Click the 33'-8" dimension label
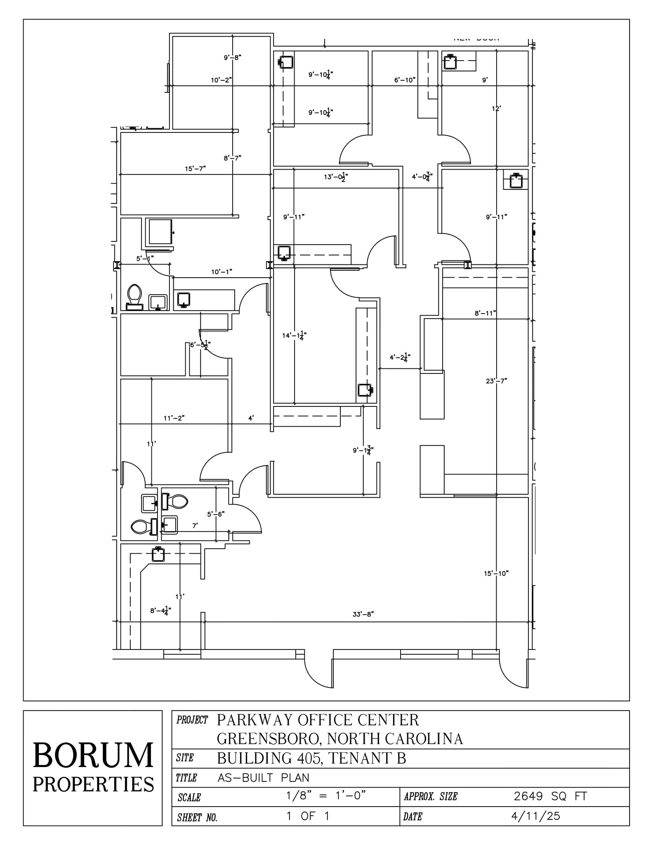point(363,614)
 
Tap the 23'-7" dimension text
point(496,381)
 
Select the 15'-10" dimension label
point(496,573)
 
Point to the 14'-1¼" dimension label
point(294,336)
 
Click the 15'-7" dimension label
point(195,168)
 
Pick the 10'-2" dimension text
point(221,80)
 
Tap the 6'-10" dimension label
point(405,80)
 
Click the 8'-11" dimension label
point(485,313)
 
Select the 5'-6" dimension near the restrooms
point(216,514)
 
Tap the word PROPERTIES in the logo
point(93,784)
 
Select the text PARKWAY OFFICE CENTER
point(318,720)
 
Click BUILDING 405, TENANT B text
point(311,758)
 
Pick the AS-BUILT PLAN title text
point(263,778)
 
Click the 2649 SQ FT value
point(550,796)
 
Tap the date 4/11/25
point(535,816)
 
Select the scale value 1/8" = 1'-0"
point(326,795)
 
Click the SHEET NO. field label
point(197,818)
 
